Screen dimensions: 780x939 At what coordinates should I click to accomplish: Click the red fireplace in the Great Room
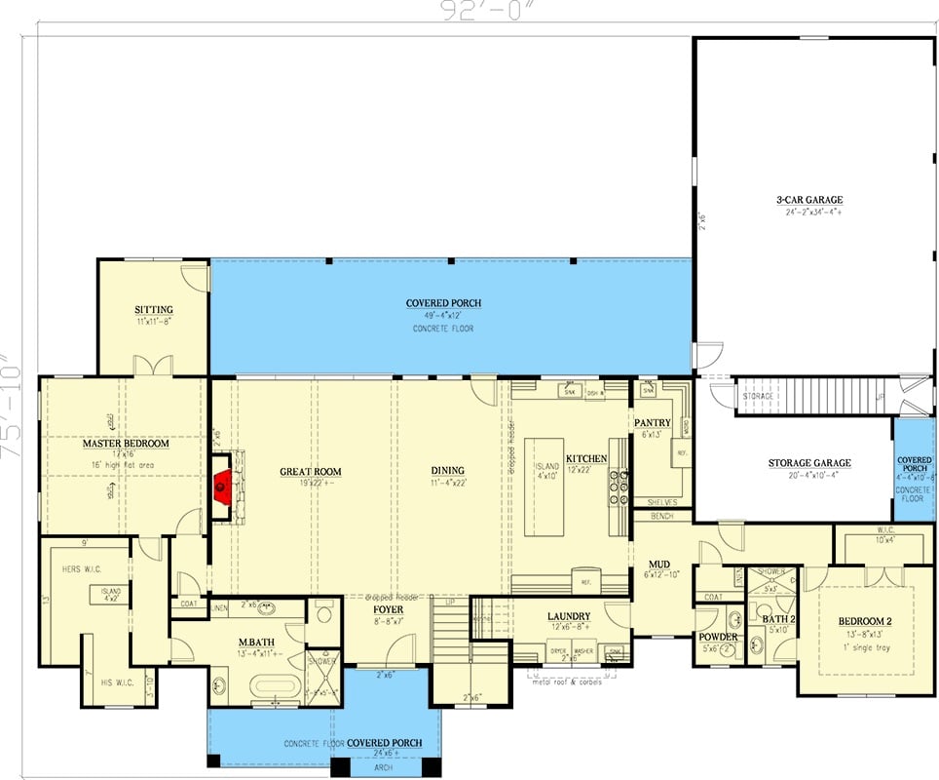(222, 483)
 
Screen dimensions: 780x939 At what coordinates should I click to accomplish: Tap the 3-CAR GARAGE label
(809, 200)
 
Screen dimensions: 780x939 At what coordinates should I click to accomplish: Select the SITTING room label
(154, 310)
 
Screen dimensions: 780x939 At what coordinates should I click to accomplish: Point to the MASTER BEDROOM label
(126, 444)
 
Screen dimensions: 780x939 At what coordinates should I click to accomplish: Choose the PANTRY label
(653, 422)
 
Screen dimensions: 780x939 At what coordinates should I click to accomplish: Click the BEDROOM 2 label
(865, 621)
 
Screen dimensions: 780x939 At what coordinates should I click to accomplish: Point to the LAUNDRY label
(568, 616)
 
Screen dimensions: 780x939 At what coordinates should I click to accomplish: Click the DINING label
(448, 471)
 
